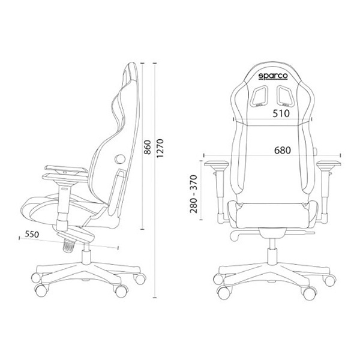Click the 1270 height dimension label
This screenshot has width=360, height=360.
pyautogui.click(x=160, y=148)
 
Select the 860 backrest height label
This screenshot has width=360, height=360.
pyautogui.click(x=148, y=147)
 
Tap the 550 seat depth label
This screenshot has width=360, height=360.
pyautogui.click(x=32, y=234)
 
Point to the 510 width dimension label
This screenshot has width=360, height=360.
pyautogui.click(x=281, y=113)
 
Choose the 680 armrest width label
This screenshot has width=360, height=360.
pyautogui.click(x=283, y=151)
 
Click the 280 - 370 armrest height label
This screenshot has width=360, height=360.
pyautogui.click(x=194, y=194)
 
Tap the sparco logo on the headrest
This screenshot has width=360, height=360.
pyautogui.click(x=273, y=76)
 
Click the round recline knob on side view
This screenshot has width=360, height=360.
pyautogui.click(x=120, y=158)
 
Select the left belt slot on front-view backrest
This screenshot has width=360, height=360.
pyautogui.click(x=260, y=95)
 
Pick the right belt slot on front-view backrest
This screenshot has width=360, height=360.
pyautogui.click(x=286, y=95)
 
